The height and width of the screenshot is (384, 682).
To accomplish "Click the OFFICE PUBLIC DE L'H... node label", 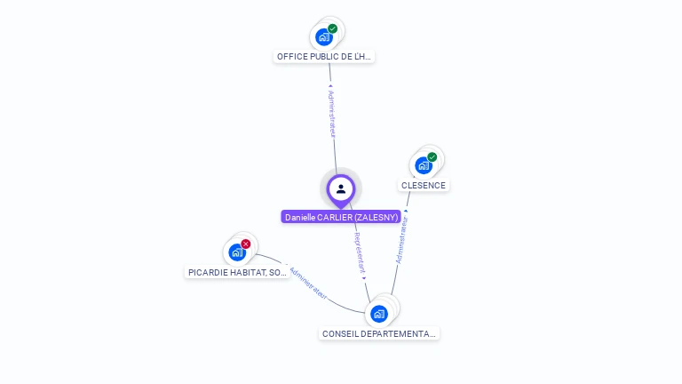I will pos(324,56).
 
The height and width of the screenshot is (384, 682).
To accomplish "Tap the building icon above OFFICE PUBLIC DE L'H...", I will pos(324,37).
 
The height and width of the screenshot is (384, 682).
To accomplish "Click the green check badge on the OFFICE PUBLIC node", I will pos(332,28).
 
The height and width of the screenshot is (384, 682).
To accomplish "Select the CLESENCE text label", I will pos(424,186).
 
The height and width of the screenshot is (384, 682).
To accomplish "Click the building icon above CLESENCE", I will pos(424,165).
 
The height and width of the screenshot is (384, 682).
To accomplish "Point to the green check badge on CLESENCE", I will pos(432,157).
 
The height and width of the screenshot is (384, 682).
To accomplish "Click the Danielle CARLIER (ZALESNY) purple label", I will pos(341,217).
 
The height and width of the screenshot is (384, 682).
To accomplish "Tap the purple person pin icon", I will pos(341,188).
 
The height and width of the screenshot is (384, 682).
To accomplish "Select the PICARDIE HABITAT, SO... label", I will pos(237,272).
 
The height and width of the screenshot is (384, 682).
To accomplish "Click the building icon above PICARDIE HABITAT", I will pos(237,252).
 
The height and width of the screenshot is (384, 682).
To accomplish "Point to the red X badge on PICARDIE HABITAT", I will pos(246,244).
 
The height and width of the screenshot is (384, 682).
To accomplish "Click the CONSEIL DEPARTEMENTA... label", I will pos(379,333).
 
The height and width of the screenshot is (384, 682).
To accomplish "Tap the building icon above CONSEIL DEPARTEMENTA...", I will pos(379,314).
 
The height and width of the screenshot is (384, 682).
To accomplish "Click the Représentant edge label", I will pos(360,253).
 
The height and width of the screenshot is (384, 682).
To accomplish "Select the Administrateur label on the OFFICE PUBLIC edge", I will pos(332,113).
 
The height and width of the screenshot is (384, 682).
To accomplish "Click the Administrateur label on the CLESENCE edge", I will pos(401,239).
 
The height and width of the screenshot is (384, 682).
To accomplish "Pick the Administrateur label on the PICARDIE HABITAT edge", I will pos(308,282).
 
